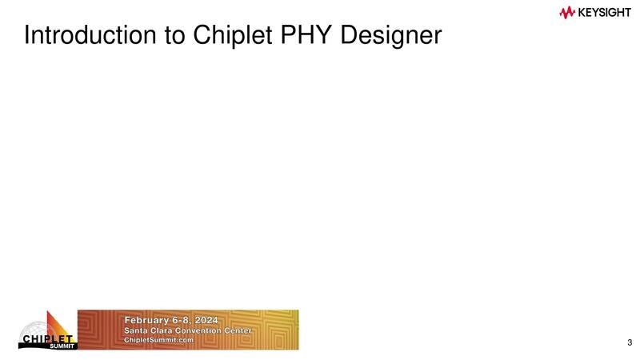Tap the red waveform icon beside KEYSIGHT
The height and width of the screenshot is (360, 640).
point(568,12)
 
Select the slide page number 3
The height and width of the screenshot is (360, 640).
point(630,344)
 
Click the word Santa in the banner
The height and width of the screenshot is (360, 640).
point(137,331)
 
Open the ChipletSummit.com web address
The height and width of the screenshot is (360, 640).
point(158,340)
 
